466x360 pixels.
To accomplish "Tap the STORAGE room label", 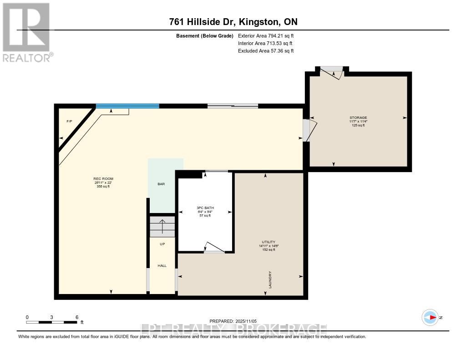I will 358,117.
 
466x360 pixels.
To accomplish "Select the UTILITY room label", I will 268,242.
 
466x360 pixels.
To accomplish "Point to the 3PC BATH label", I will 205,208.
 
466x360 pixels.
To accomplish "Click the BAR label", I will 161,184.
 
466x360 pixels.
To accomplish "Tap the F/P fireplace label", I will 69,122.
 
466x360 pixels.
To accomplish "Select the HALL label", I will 162,265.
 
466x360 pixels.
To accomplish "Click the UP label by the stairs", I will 162,244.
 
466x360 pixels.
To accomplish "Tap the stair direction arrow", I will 162,225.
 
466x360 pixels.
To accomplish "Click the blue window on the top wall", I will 127,106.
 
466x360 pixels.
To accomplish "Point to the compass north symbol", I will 430,317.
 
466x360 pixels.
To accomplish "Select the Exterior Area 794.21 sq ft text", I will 269,35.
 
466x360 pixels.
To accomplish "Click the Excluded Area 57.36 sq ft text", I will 266,51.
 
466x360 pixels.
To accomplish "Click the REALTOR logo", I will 26,32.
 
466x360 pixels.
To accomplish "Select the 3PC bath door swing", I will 213,247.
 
